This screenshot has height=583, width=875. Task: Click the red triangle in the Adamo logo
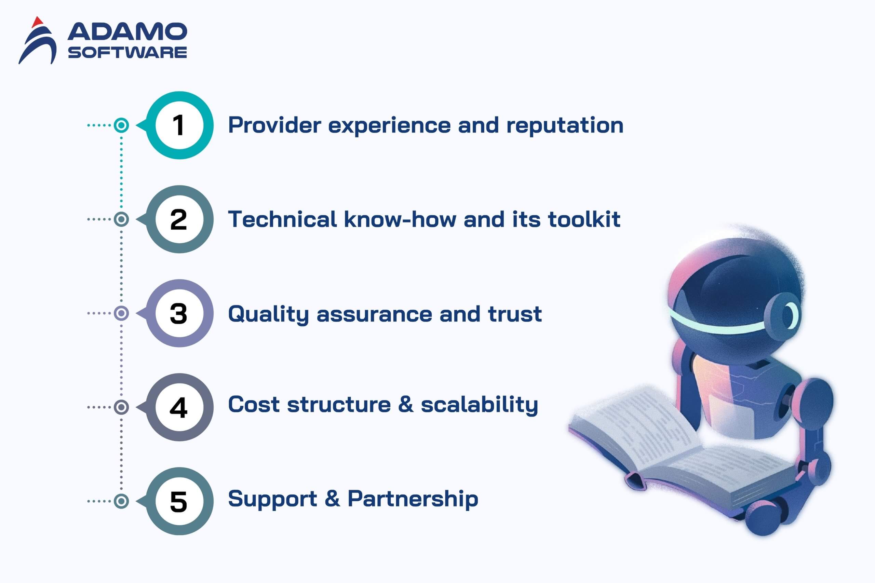pos(37,22)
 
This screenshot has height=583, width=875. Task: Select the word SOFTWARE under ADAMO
pos(127,52)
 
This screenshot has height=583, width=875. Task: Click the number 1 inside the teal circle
pos(178,125)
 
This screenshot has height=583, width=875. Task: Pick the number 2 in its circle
pos(178,219)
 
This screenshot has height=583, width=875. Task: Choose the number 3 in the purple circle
pos(178,313)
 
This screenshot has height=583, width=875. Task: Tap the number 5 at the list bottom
pos(178,502)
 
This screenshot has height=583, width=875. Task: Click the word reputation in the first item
pos(565,126)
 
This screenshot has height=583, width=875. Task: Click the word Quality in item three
pos(269,314)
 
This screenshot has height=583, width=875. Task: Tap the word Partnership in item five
pos(413,499)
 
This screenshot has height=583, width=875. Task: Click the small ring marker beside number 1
pos(121,125)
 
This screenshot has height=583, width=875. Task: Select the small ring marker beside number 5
pos(121,501)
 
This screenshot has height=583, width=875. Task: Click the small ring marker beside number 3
pos(121,313)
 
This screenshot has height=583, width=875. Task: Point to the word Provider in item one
pos(274,125)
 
